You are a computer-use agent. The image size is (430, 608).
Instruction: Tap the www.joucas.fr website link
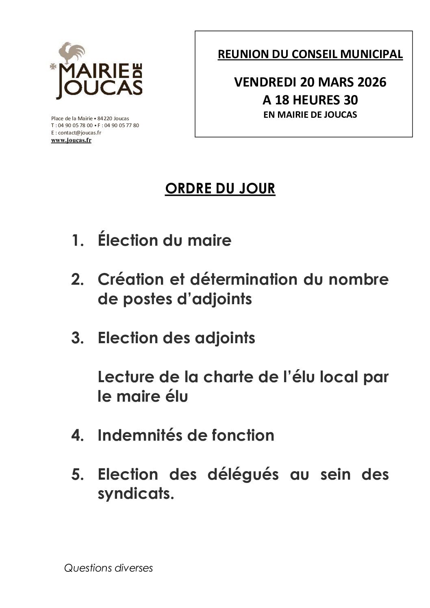click(71, 140)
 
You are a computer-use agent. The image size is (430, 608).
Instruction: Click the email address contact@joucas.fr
click(79, 133)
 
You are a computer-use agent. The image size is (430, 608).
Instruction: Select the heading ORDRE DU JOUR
click(220, 188)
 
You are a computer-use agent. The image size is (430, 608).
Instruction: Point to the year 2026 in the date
click(371, 82)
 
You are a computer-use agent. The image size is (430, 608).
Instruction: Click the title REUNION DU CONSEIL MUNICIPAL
click(310, 54)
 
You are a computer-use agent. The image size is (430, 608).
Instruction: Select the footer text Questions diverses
click(109, 568)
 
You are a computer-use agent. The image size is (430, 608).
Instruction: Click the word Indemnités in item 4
click(139, 435)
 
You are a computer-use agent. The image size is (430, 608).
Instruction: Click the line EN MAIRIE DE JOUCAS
click(310, 115)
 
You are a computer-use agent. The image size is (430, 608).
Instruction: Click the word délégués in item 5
click(243, 474)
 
